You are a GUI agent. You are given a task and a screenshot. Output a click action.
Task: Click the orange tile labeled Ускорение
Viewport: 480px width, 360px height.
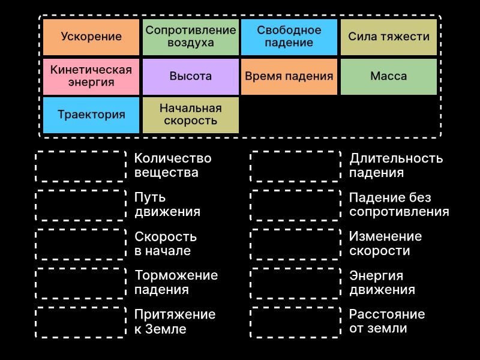[91, 37]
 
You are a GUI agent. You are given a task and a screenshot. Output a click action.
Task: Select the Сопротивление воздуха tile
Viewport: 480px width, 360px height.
[191, 37]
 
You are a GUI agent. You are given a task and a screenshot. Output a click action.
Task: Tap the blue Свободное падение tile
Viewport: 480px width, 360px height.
[289, 37]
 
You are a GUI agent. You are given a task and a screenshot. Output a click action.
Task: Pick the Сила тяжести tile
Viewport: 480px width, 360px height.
[389, 37]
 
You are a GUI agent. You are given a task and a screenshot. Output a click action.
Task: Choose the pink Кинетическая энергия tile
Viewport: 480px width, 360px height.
[91, 77]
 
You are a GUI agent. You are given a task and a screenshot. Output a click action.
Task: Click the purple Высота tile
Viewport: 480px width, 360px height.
[191, 77]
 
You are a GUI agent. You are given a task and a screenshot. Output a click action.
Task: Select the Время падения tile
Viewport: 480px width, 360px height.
[289, 77]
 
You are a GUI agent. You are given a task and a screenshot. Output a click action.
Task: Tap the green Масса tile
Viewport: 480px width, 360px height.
[389, 77]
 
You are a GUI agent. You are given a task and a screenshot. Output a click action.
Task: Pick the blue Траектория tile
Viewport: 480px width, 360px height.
[91, 115]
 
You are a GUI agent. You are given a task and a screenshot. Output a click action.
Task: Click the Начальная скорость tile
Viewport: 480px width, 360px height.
[191, 115]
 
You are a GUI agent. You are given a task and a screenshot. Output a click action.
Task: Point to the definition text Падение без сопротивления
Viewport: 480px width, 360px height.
[399, 205]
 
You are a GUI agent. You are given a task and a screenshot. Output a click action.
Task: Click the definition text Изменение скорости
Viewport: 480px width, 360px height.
[386, 244]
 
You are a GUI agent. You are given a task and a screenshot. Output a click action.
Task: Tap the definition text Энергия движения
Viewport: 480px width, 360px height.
[382, 283]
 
